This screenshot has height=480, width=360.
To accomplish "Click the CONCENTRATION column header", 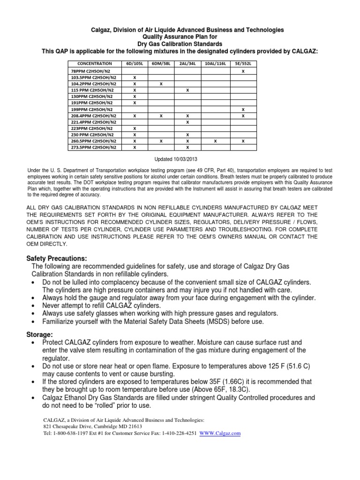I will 95,63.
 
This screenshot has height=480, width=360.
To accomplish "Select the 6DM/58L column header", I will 160,63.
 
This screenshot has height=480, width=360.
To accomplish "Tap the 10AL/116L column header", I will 215,63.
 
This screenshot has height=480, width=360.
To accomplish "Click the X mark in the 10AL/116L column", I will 215,141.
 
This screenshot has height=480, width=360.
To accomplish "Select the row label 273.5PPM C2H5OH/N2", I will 92,147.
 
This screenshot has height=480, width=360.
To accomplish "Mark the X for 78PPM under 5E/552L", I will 243,70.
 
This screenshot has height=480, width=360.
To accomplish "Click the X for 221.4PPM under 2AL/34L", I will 187,121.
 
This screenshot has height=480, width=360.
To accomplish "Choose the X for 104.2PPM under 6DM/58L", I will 160,83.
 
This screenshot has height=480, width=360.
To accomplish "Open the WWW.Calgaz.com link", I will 220,434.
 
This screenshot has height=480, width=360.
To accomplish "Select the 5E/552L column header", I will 243,63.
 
